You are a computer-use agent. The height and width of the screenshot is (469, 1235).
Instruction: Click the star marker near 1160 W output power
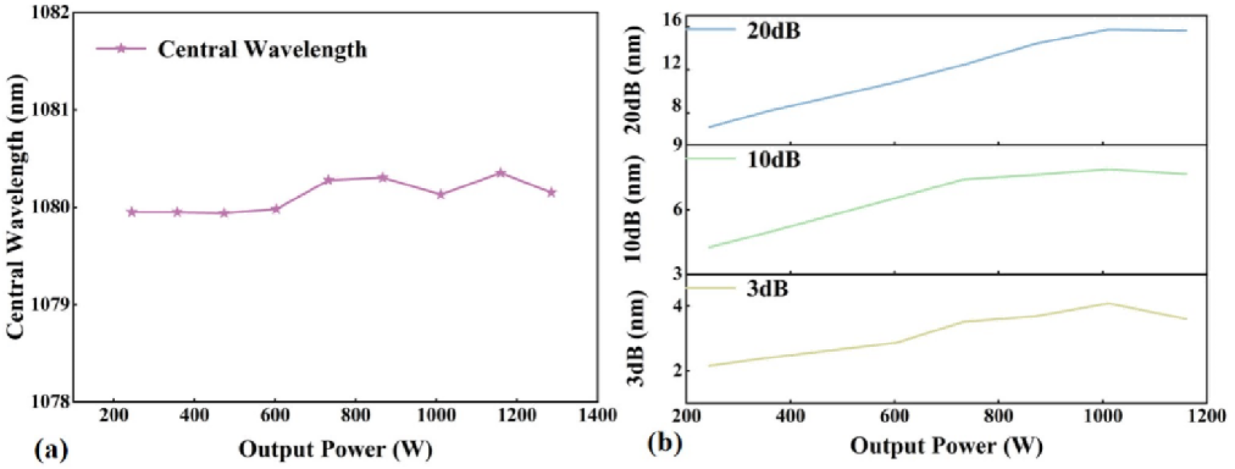pyautogui.click(x=501, y=173)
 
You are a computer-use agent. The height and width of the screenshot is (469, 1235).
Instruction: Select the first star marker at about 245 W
pyautogui.click(x=131, y=212)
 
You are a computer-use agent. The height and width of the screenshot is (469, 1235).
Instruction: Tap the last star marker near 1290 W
pyautogui.click(x=552, y=192)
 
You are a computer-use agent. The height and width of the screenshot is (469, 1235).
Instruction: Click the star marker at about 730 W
pyautogui.click(x=328, y=180)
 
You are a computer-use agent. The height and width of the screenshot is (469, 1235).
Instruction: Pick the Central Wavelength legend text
pyautogui.click(x=262, y=49)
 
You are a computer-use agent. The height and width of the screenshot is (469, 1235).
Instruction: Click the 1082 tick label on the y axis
pyautogui.click(x=50, y=13)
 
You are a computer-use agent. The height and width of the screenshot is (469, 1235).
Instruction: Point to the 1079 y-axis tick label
pyautogui.click(x=50, y=305)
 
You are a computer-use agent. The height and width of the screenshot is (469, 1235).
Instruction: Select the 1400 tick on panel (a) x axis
pyautogui.click(x=597, y=415)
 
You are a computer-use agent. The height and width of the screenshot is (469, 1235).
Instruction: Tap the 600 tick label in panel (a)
pyautogui.click(x=275, y=415)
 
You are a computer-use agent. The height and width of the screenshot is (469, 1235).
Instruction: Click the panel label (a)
pyautogui.click(x=50, y=450)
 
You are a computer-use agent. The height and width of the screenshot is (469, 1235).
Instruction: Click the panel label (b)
pyautogui.click(x=665, y=443)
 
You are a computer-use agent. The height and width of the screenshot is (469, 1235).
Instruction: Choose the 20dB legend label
pyautogui.click(x=774, y=31)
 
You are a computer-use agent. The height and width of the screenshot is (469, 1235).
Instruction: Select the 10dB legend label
pyautogui.click(x=774, y=160)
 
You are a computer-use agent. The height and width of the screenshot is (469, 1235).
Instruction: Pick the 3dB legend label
pyautogui.click(x=767, y=289)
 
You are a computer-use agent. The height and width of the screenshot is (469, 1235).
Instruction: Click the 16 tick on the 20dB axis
pyautogui.click(x=672, y=20)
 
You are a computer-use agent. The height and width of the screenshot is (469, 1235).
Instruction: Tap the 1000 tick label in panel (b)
pyautogui.click(x=1102, y=417)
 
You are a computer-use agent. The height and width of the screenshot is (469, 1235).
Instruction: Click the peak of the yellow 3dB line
pyautogui.click(x=1108, y=303)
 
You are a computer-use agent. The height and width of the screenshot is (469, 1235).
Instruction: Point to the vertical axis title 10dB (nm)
pyautogui.click(x=633, y=209)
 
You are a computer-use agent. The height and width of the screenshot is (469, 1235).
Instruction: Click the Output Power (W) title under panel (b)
pyautogui.click(x=946, y=446)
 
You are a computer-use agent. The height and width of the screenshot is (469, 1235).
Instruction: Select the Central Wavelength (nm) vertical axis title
pyautogui.click(x=17, y=206)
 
